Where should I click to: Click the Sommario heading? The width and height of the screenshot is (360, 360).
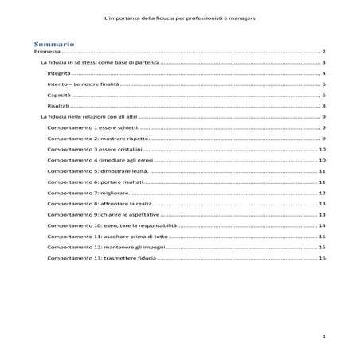54,41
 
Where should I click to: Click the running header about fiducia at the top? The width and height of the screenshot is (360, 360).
180,17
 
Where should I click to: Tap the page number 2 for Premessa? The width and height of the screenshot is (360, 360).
323,50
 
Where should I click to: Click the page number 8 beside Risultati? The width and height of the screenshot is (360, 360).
323,106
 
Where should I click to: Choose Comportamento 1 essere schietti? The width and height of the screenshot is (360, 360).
92,127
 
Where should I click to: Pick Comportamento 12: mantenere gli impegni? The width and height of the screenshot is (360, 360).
103,248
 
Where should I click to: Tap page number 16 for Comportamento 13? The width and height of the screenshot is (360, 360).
322,259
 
